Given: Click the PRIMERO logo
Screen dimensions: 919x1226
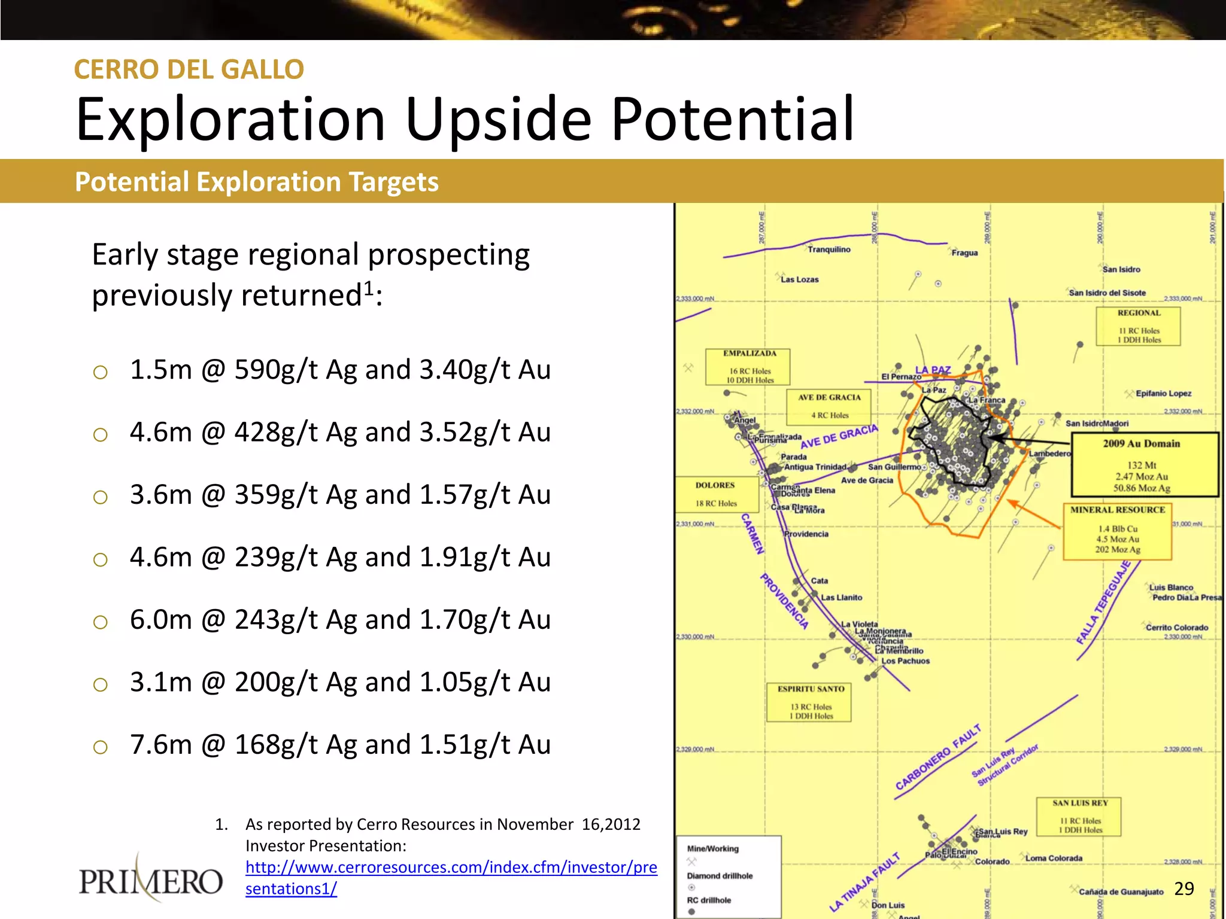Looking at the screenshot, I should tap(151, 880).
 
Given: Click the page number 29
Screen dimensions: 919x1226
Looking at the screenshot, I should tap(1184, 888).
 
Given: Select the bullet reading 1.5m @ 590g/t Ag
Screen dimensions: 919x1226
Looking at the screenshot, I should tap(339, 370).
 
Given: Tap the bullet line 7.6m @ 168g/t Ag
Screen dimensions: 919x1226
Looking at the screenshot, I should tap(339, 745).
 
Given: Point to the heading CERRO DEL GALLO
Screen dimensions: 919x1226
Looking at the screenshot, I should tap(189, 69).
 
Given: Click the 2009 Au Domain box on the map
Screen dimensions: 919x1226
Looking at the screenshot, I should tap(1144, 465).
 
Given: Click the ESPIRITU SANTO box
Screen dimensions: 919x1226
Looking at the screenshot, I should tap(810, 702).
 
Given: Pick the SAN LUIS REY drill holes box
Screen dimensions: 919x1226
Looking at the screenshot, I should tap(1079, 817).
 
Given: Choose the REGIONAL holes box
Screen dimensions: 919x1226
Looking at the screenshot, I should tap(1138, 327).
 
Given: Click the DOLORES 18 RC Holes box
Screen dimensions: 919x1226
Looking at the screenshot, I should tap(716, 494).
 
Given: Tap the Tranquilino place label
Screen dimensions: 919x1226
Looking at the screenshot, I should tap(829, 249).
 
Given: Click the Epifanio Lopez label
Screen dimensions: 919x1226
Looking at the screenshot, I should tap(1163, 394).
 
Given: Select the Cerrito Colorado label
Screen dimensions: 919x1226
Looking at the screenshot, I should tap(1176, 628).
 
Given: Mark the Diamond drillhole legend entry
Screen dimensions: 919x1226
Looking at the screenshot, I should tap(720, 876).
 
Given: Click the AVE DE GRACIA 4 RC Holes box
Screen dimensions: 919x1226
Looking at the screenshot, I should tap(829, 406).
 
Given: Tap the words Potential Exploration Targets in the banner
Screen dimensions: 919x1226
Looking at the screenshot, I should tap(257, 182).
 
